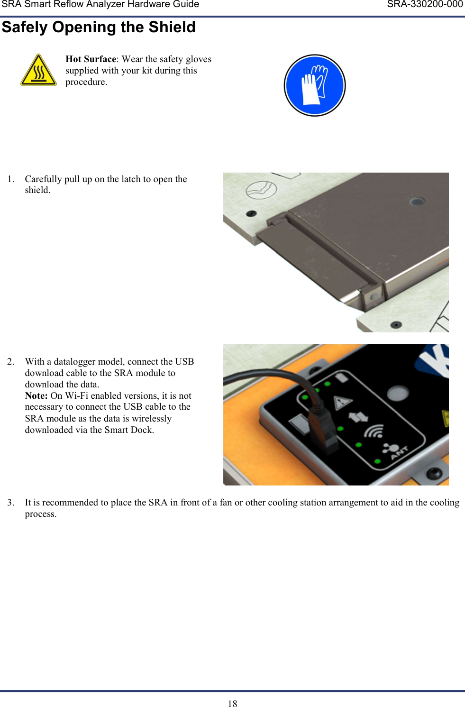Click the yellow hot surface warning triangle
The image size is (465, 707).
[x=38, y=71]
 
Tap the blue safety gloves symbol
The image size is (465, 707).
[x=314, y=85]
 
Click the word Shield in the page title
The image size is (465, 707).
[x=172, y=27]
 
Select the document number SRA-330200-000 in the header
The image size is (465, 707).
[x=424, y=5]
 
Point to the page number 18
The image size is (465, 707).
[x=232, y=704]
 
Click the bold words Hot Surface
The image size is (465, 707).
[x=91, y=59]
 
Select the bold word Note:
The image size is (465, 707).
[x=36, y=395]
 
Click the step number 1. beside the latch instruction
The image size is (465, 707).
[x=11, y=179]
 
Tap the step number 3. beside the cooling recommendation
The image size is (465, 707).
[x=11, y=503]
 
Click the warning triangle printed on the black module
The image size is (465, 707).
[x=342, y=403]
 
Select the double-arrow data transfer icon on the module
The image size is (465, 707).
[x=358, y=417]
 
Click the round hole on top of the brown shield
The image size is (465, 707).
[x=417, y=202]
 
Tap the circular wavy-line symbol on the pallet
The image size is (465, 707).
[x=261, y=190]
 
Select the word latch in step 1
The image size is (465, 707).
[x=131, y=179]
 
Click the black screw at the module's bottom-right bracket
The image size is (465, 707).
[x=433, y=473]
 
